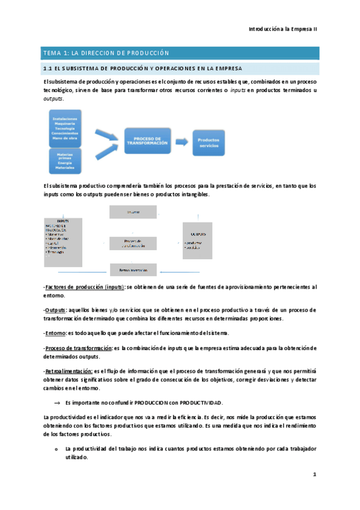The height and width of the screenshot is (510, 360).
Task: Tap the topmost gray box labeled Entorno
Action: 132,212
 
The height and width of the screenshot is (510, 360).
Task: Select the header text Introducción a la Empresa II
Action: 283,29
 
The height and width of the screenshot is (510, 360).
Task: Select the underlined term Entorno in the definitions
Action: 55,333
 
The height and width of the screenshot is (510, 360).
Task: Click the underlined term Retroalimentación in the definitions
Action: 69,372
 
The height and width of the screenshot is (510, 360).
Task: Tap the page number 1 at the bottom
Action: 314,475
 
